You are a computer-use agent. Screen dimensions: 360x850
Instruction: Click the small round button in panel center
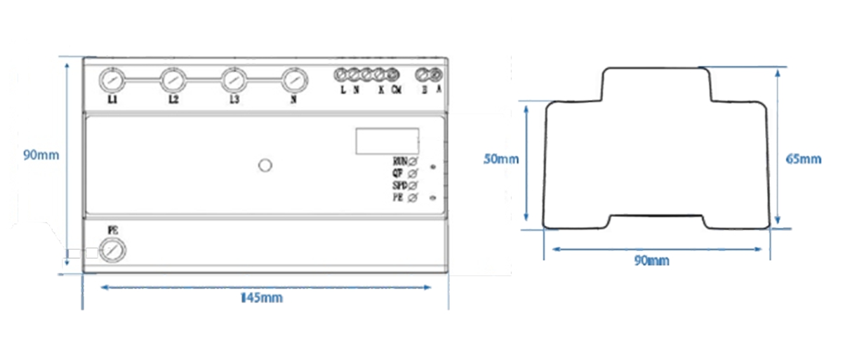265,165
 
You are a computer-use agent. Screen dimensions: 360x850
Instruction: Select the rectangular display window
387,141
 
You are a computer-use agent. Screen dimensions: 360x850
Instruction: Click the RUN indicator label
400,161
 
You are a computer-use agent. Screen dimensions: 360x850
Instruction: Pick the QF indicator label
397,173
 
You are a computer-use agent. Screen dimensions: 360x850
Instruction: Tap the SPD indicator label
400,185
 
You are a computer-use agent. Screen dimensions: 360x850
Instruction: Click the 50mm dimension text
501,159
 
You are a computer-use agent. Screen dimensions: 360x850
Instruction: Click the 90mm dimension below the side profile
652,260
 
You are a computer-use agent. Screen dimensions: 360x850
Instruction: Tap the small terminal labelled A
435,74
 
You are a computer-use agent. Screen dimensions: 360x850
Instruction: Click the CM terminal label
396,90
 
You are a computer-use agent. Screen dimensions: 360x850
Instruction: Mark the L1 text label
112,99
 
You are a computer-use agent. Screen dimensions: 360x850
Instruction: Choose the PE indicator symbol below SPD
413,198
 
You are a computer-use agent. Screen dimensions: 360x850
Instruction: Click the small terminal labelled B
423,74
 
